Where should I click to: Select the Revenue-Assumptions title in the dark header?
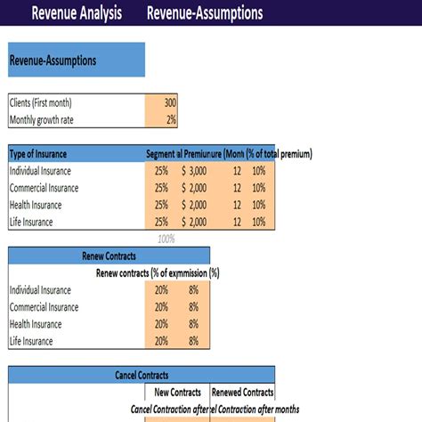(204, 13)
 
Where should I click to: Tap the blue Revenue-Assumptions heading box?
(76, 61)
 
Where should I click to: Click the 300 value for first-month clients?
(170, 102)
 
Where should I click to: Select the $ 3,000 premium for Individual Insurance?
(194, 171)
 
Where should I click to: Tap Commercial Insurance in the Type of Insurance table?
(44, 188)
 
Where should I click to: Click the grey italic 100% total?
(166, 239)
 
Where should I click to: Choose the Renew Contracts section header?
(109, 256)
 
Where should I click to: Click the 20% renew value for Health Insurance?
(161, 324)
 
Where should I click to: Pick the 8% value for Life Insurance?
(193, 341)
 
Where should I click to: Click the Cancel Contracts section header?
(142, 376)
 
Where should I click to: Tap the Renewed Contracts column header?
(241, 392)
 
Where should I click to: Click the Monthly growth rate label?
(44, 119)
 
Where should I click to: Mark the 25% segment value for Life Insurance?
(161, 222)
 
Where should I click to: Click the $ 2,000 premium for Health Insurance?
(194, 205)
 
